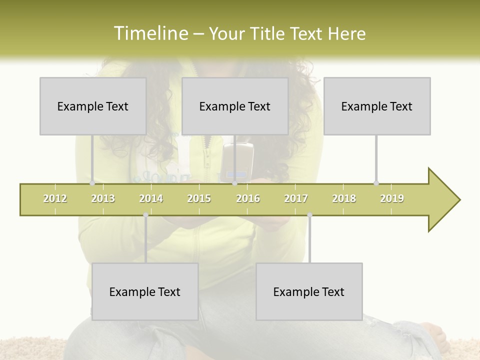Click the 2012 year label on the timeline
point(55,198)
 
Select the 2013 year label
point(103,198)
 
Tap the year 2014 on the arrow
point(151,198)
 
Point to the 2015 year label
point(199,198)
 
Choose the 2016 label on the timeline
point(248,198)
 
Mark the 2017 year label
point(296,198)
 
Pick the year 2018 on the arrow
point(344,198)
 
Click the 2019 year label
point(392,198)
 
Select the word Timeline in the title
point(150,33)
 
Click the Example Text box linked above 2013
point(93,106)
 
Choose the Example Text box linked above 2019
point(377,106)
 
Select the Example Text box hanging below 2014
point(145,291)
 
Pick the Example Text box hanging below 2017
point(309,291)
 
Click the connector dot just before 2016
point(235,183)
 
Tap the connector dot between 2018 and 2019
point(376,183)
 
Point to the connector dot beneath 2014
point(145,215)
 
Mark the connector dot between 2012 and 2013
point(92,183)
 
